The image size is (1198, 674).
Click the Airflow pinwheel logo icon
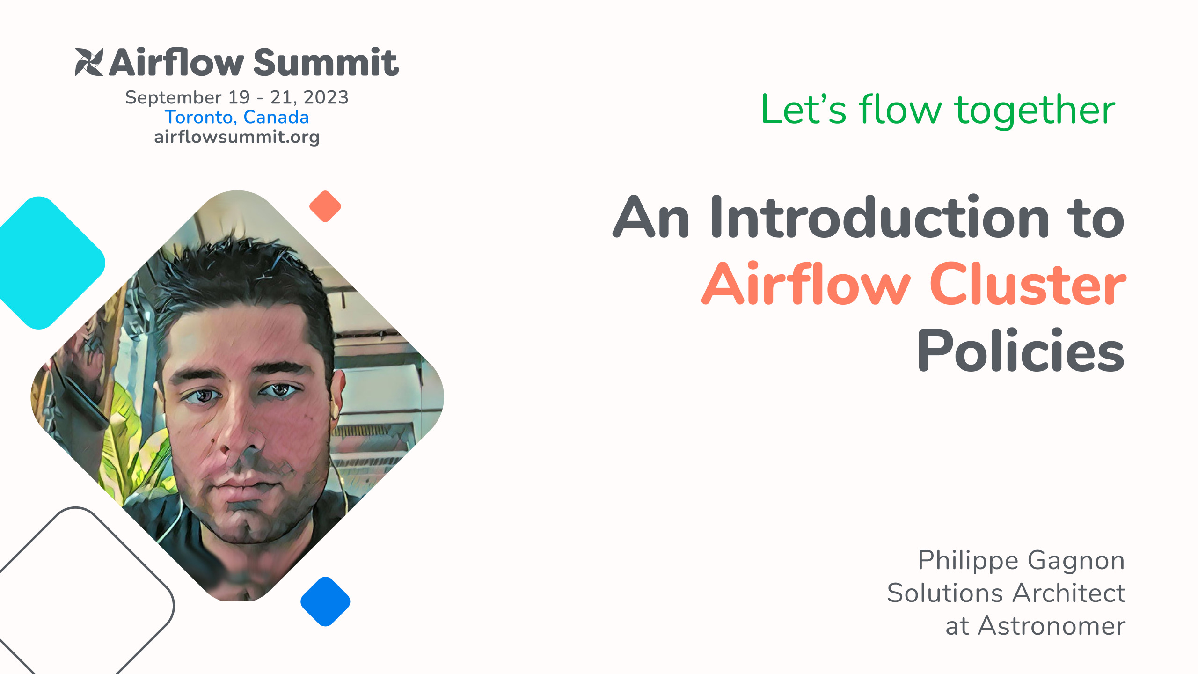coord(89,62)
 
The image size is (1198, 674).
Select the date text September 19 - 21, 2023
coord(237,97)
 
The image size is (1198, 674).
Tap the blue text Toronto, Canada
coord(237,117)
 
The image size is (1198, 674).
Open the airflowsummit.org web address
coord(237,137)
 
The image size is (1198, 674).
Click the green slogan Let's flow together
coord(938,110)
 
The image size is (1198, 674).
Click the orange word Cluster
coord(1028,284)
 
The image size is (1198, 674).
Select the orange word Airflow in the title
coord(806,283)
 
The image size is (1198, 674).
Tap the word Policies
coord(1021,351)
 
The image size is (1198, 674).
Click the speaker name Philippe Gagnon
coord(1021,561)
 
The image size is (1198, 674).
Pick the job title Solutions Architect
coord(1006,593)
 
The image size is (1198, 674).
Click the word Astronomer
coord(1052,626)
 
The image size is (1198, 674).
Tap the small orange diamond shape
coord(325,206)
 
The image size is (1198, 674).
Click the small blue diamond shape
coord(325,601)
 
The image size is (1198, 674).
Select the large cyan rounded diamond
coord(47,263)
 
